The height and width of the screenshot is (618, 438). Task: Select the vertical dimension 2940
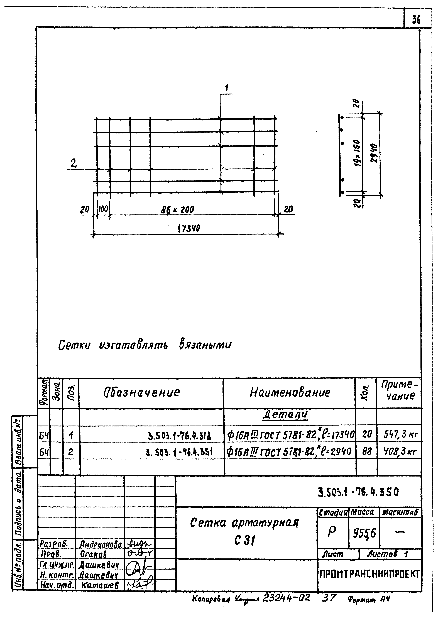click(x=374, y=153)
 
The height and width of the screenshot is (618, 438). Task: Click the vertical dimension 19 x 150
click(x=357, y=153)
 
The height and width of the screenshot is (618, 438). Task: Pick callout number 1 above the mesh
click(x=227, y=87)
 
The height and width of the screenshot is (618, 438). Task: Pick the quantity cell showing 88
click(x=367, y=451)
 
